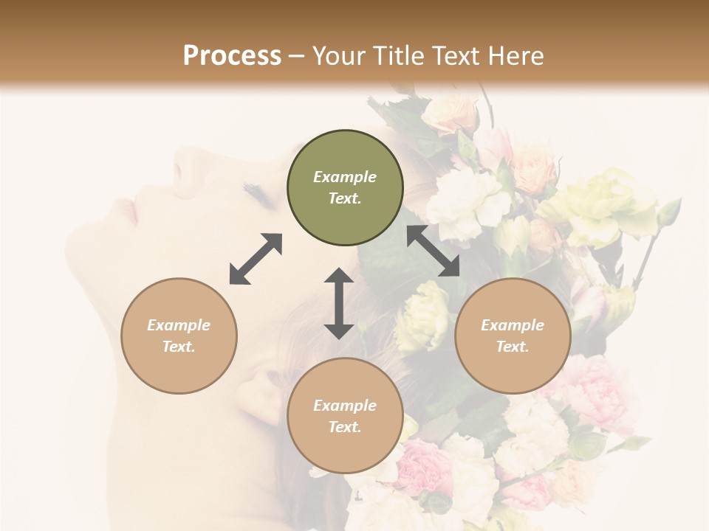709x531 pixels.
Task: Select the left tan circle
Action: (179, 336)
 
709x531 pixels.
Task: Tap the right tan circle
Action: (513, 336)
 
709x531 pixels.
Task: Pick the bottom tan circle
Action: (345, 415)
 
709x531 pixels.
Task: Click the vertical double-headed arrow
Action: (339, 303)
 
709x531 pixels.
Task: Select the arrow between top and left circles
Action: (256, 259)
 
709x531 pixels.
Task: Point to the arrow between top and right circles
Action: (434, 251)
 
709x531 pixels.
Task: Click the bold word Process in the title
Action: (232, 55)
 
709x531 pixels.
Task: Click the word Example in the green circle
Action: (345, 177)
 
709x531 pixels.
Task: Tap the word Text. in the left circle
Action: (179, 347)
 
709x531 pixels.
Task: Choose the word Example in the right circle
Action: (513, 325)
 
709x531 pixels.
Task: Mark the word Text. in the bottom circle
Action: (345, 427)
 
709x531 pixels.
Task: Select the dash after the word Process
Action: (297, 56)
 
